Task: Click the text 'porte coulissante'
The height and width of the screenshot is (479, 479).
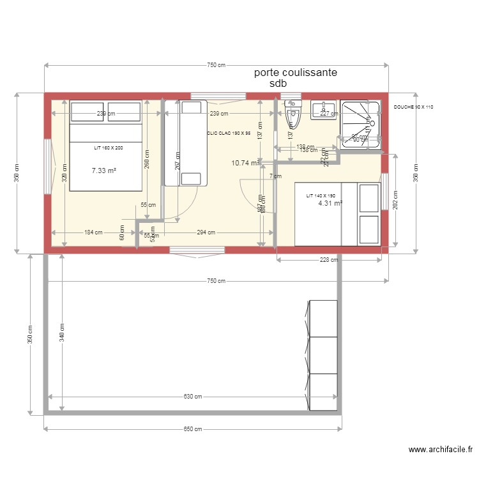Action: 295,73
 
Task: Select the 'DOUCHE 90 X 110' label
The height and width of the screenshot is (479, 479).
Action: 413,107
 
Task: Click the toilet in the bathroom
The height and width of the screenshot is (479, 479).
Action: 293,115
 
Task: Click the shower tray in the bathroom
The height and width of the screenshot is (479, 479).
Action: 361,125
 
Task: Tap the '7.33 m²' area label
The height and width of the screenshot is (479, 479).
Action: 103,171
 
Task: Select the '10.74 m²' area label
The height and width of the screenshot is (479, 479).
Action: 245,163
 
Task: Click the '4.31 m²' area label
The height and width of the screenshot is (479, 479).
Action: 330,204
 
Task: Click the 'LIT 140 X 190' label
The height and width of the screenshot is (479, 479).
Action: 321,195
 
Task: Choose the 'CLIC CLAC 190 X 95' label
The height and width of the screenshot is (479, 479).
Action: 229,133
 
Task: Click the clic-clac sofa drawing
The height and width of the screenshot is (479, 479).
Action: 185,143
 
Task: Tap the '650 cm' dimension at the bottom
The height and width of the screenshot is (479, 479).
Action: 193,429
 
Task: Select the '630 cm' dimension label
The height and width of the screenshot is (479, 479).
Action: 193,397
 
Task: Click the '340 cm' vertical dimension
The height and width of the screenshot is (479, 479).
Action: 62,333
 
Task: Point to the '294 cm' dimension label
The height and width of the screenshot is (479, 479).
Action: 206,232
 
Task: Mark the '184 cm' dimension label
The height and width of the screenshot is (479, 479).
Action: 93,232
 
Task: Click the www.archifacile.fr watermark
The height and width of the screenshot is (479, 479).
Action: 441,450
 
